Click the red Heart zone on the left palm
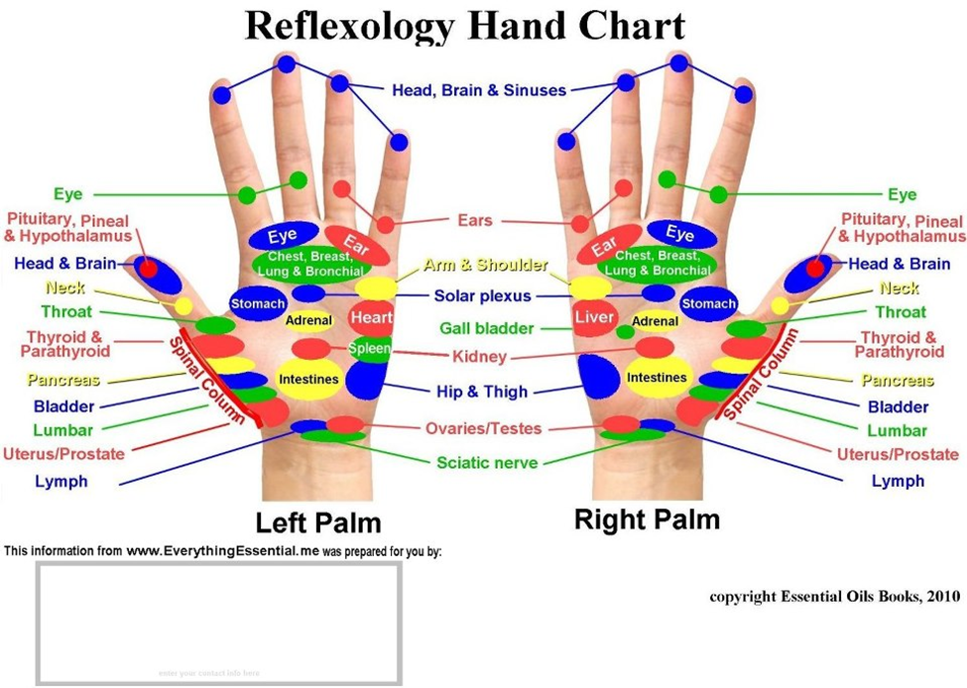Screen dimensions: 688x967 [371, 318]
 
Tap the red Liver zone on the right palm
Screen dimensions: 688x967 [595, 318]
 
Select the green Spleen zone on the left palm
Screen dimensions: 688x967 [369, 348]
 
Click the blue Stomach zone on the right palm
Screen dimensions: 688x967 [709, 303]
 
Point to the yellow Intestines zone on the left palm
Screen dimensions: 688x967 [308, 379]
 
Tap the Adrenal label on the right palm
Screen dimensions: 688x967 [655, 320]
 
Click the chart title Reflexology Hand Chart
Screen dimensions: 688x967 [464, 26]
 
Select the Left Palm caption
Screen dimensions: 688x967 [317, 522]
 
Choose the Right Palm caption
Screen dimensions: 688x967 [647, 518]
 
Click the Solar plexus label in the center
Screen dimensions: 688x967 [482, 295]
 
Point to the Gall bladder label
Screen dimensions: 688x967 [487, 328]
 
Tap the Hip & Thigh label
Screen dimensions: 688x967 [482, 392]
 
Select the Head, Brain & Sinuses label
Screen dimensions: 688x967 [479, 90]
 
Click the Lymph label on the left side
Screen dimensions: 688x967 [60, 481]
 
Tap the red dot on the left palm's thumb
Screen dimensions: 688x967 [148, 268]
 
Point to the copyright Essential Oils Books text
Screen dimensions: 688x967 [834, 597]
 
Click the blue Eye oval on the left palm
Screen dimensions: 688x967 [282, 236]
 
